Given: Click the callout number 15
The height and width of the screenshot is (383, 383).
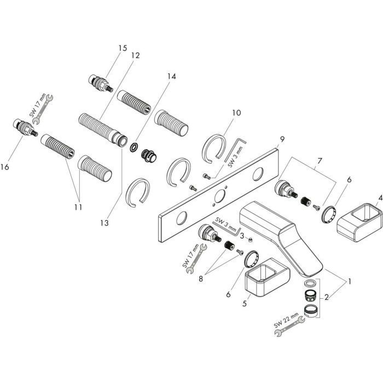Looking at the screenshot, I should (x=121, y=48).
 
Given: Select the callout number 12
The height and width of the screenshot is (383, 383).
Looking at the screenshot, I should (x=135, y=55).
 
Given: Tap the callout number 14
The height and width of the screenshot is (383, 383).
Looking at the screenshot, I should (x=172, y=77).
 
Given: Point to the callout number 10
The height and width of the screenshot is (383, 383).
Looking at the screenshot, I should (x=236, y=113).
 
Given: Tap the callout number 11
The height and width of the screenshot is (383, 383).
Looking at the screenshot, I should (x=78, y=207).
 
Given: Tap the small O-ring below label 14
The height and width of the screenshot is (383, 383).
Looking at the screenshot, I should (x=134, y=147).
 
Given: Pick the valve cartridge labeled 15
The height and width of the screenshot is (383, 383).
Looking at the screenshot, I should (x=100, y=84).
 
